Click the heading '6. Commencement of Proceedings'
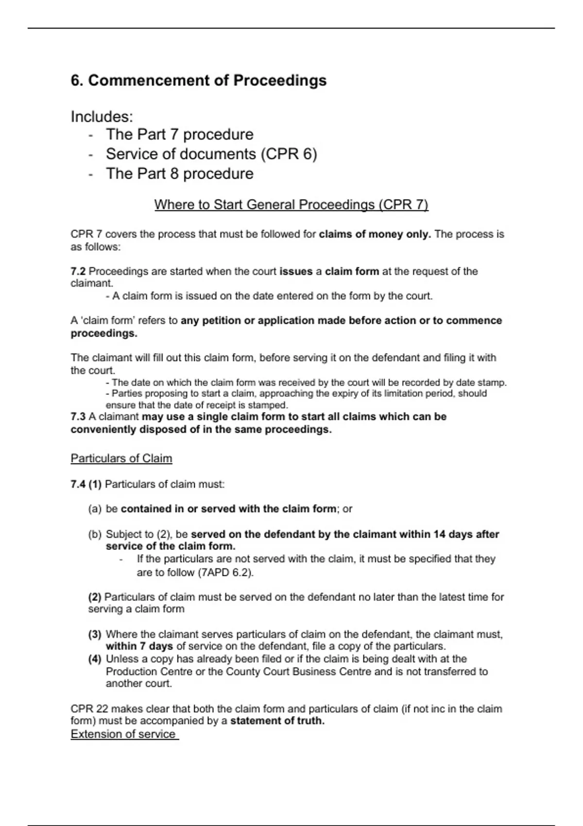(x=198, y=80)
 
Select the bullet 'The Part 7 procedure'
(x=179, y=135)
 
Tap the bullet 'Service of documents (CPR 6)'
(x=211, y=154)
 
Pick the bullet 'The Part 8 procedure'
(x=179, y=173)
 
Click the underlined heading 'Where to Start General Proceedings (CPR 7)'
(x=291, y=205)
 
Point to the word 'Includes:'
(x=102, y=117)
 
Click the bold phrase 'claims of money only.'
(x=375, y=234)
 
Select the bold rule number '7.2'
(x=78, y=271)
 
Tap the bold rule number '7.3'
(x=78, y=417)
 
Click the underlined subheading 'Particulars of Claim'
(x=121, y=458)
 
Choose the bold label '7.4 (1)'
(x=86, y=484)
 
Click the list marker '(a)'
(x=95, y=509)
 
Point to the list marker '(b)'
(x=95, y=534)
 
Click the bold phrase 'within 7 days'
(x=139, y=646)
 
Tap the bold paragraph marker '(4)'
(x=95, y=659)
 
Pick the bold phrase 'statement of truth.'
(x=277, y=721)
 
